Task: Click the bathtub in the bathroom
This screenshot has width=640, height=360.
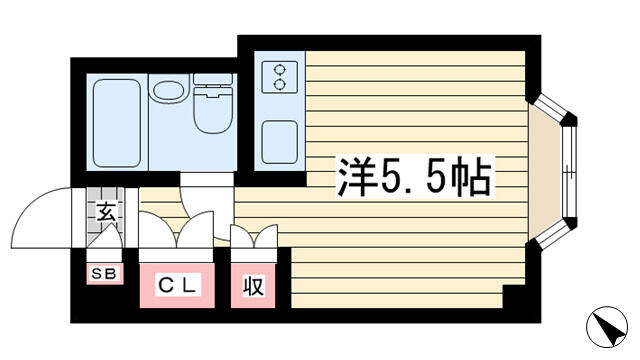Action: [x=117, y=123]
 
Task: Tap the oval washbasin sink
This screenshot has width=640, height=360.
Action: [x=168, y=90]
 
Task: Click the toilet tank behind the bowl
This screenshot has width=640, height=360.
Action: [x=213, y=79]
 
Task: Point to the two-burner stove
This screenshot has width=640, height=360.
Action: [x=280, y=77]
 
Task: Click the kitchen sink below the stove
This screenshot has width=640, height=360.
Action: [x=280, y=142]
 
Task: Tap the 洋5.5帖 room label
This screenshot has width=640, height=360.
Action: [x=415, y=177]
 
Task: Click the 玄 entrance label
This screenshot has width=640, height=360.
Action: [x=106, y=213]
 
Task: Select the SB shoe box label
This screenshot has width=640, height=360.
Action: [x=104, y=274]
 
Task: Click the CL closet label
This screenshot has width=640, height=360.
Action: [x=177, y=284]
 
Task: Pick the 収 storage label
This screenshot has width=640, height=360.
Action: [x=253, y=286]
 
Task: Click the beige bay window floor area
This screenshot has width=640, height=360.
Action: [x=545, y=172]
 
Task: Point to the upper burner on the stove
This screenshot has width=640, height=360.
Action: [x=280, y=70]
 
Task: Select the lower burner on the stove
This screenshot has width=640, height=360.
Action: [x=280, y=84]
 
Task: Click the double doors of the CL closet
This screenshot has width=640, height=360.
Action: [x=176, y=230]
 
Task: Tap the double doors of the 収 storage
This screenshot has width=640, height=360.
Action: [x=254, y=236]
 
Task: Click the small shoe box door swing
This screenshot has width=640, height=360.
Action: [x=105, y=238]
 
